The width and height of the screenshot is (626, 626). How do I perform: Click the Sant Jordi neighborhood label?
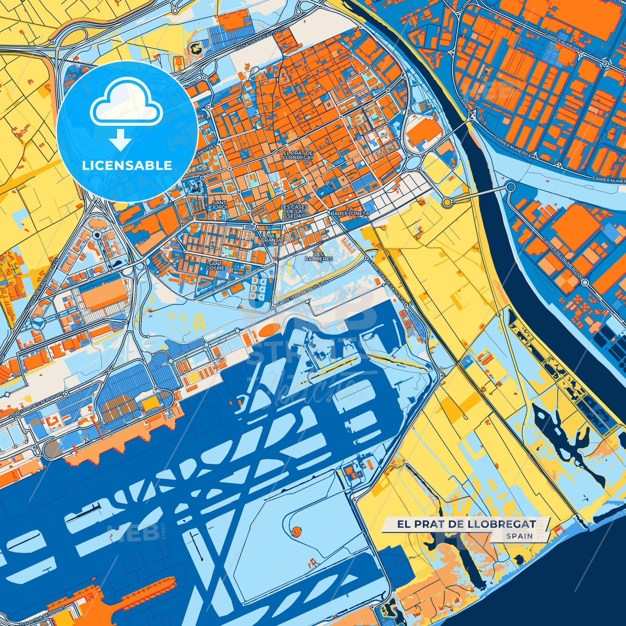(x=220, y=205)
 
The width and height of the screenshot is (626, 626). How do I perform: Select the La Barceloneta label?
(x=350, y=211)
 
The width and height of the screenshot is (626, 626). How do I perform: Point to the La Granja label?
(x=272, y=237)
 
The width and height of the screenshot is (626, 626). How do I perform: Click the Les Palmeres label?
(x=319, y=257)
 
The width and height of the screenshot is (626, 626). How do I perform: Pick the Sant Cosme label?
(x=215, y=266)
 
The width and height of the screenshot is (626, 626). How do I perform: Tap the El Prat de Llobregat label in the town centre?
(x=298, y=155)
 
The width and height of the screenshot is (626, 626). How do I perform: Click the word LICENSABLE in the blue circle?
(x=127, y=166)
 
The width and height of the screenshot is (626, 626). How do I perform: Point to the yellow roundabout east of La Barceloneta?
(x=447, y=203)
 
